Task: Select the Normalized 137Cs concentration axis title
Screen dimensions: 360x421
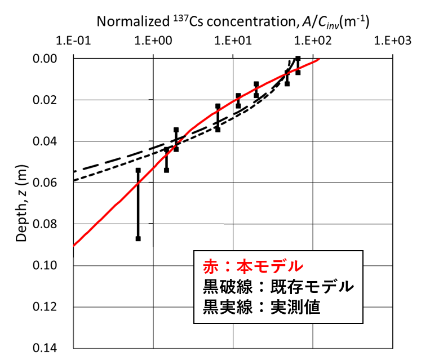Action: click(x=233, y=21)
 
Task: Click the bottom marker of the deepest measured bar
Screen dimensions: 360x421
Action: click(x=138, y=239)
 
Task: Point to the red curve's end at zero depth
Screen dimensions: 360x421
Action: click(x=319, y=59)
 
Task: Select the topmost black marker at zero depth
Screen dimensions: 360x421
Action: click(x=298, y=59)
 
